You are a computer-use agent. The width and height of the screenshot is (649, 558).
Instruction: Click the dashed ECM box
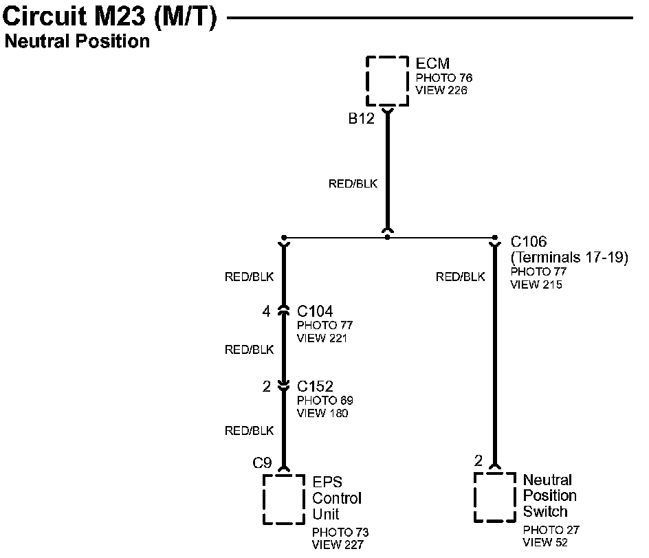pos(387,81)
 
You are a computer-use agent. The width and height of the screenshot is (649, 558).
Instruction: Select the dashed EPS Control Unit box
pos(283,499)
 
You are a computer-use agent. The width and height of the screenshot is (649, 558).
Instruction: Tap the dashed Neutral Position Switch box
pos(494,497)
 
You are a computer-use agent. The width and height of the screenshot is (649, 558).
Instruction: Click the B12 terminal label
pos(361,119)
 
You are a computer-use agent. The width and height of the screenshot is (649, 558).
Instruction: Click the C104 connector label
pos(315,312)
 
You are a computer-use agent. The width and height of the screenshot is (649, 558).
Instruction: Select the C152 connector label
pos(315,387)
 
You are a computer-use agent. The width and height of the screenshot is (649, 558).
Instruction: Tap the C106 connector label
pos(529,242)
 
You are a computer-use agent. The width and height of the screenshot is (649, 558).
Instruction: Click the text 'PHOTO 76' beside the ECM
pos(444,78)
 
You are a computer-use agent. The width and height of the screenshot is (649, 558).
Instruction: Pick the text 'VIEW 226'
pos(441,90)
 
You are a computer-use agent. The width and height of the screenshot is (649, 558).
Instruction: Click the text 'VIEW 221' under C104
pos(322,338)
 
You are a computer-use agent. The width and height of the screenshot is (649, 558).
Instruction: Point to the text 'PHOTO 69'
pos(325,401)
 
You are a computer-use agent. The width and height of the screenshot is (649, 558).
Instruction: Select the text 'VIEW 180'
pos(322,413)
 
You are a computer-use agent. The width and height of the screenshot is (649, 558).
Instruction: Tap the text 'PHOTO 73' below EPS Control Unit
pos(340,533)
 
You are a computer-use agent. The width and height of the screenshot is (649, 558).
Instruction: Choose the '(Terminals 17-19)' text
pos(569,258)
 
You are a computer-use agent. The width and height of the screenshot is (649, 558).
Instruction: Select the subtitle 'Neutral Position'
pos(77,41)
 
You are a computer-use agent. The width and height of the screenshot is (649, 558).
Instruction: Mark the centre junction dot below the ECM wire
pos(388,237)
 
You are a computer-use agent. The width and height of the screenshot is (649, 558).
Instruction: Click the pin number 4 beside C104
pos(266,312)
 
